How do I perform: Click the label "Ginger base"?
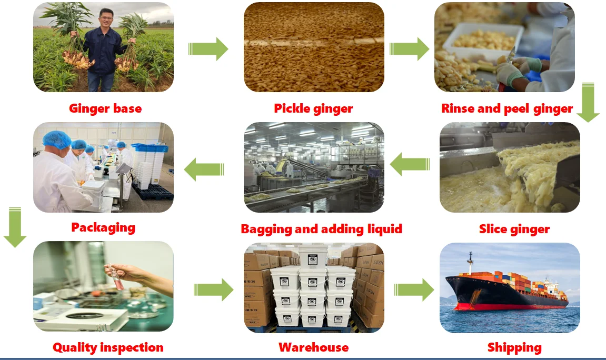[105, 108]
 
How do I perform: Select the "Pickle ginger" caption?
[313, 108]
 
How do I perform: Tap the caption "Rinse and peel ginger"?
[507, 108]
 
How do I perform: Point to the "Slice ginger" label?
[514, 229]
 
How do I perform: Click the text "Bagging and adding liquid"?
[322, 229]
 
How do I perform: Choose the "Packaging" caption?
[103, 227]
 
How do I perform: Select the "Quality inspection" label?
[108, 347]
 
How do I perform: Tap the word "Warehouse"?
[313, 347]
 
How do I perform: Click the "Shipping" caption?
[514, 348]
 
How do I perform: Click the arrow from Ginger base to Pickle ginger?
[208, 49]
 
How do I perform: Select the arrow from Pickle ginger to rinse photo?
[410, 49]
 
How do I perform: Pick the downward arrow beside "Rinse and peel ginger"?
[588, 102]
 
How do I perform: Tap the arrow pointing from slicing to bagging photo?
[410, 164]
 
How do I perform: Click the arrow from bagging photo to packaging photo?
[204, 169]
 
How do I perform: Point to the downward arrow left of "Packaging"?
[15, 227]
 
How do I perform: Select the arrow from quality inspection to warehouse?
[213, 289]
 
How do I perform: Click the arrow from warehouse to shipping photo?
[414, 289]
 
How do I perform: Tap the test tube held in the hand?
[117, 278]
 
